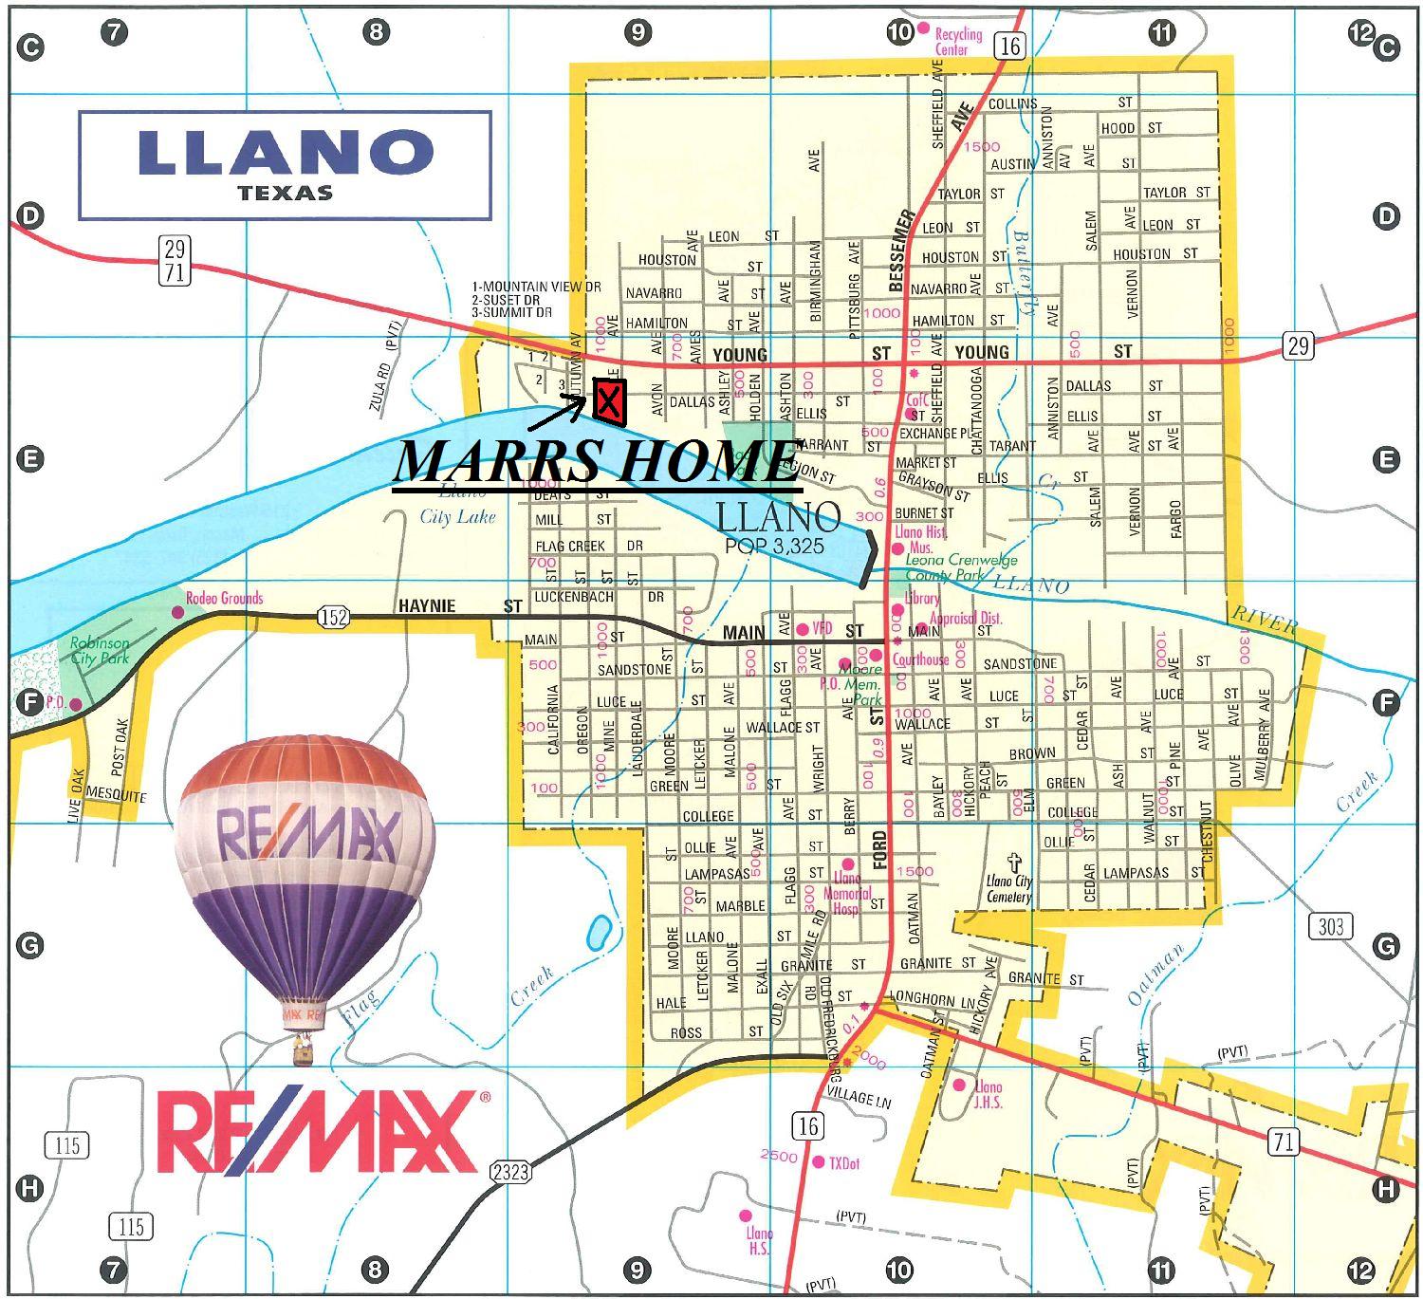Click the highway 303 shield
(x=1330, y=925)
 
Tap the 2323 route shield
(x=509, y=1173)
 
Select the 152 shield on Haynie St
(x=334, y=618)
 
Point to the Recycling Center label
(x=958, y=42)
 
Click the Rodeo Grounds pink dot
(x=177, y=612)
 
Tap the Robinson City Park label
(x=100, y=650)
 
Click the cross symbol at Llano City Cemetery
(x=1014, y=863)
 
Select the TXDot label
(x=843, y=1163)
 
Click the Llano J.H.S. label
(x=988, y=1094)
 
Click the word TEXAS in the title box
(x=286, y=193)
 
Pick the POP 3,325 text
(x=774, y=547)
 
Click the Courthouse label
(x=920, y=659)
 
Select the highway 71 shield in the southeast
(x=1284, y=1141)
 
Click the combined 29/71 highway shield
(x=175, y=261)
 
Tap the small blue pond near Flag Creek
(x=599, y=933)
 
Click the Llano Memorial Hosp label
(x=846, y=893)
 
